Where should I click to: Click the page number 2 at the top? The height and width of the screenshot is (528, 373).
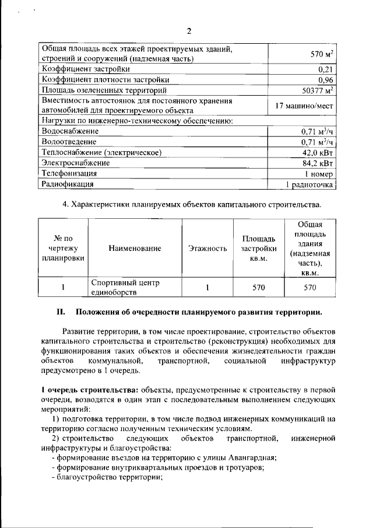[x=189, y=31]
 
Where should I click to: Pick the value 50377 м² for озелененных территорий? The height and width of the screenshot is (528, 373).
[x=314, y=90]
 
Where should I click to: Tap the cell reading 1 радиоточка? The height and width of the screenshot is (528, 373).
[x=309, y=184]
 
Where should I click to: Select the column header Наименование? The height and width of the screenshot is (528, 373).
[x=135, y=249]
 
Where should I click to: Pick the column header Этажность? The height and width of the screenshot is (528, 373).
[x=207, y=249]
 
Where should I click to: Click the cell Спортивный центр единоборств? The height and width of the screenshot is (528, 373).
[x=125, y=287]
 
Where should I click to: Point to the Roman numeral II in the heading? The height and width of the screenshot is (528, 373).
[x=60, y=312]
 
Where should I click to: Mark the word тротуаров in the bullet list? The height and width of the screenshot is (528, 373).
[x=247, y=467]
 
